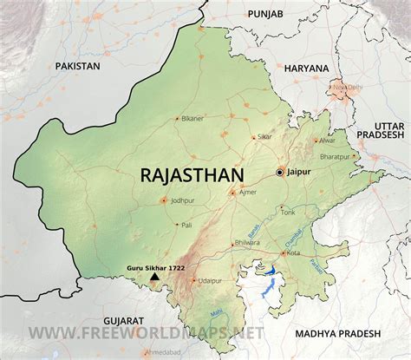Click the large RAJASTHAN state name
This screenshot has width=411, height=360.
click(x=192, y=176)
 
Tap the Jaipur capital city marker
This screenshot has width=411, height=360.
click(x=279, y=173)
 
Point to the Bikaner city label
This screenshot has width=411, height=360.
click(x=192, y=118)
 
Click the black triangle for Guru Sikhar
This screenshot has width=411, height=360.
click(x=154, y=278)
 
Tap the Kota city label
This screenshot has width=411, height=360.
click(x=293, y=252)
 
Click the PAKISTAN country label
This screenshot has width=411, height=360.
click(x=76, y=66)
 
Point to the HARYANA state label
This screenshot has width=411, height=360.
click(x=306, y=68)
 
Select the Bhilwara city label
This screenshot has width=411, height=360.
click(x=248, y=244)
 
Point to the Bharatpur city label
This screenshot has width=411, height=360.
click(x=333, y=158)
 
